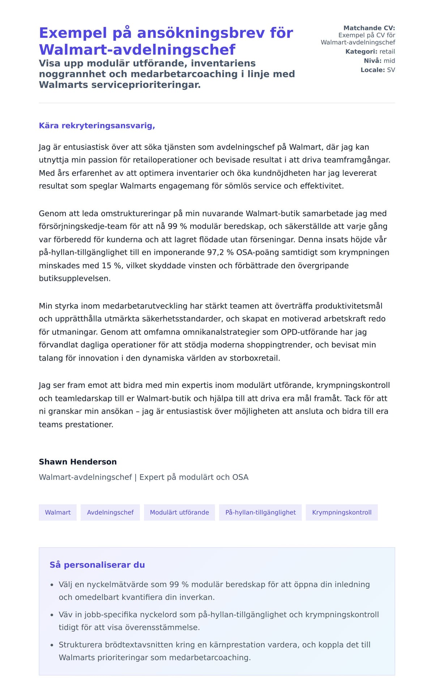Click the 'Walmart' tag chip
58,512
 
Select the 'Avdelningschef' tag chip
110,512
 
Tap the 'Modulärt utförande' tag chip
179,512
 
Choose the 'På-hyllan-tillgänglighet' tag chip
260,512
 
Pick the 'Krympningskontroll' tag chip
342,512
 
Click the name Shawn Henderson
78,462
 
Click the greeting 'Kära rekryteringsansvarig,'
97,126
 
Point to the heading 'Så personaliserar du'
97,565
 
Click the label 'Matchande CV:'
369,28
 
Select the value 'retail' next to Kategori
387,51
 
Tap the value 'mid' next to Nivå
389,60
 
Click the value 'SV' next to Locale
391,70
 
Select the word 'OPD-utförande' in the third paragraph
306,332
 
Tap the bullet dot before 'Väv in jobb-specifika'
52,615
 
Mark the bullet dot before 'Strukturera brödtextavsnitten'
52,645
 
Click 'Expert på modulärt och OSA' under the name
194,477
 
